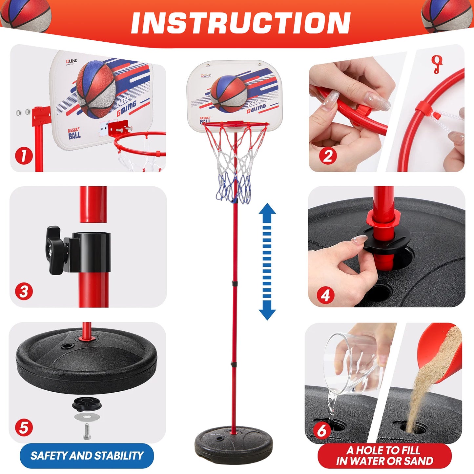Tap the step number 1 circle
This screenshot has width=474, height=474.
click(x=24, y=156)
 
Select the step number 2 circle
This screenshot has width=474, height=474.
click(x=327, y=156)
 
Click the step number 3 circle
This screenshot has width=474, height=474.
click(x=24, y=291)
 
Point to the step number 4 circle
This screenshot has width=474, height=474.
click(x=325, y=296)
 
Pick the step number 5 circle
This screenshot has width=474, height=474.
click(x=24, y=428)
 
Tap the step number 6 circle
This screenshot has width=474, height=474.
click(x=322, y=430)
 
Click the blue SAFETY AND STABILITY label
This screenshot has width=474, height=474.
click(x=87, y=456)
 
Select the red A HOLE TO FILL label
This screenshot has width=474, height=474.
click(x=384, y=456)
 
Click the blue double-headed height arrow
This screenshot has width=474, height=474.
click(x=267, y=261)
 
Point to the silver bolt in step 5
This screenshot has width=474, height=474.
click(x=86, y=432)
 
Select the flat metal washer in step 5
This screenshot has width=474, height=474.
click(x=87, y=417)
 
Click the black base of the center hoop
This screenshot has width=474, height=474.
click(x=234, y=444)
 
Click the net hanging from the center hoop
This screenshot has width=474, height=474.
click(x=235, y=164)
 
